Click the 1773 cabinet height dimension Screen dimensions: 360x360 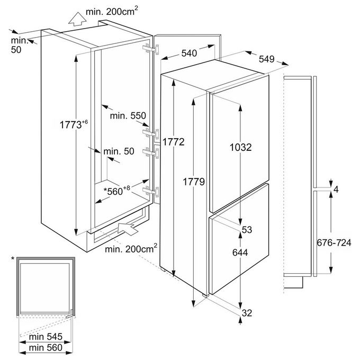[74, 124]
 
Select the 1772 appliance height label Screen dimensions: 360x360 [174, 142]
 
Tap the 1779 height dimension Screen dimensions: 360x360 [194, 182]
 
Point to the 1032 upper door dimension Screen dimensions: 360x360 [240, 147]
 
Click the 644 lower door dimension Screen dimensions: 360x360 [240, 253]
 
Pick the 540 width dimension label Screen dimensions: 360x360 [189, 53]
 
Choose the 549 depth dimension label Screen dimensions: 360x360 [266, 59]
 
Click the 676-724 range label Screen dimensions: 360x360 [334, 242]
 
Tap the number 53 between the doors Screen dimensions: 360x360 [247, 230]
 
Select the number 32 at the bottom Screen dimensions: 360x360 [247, 313]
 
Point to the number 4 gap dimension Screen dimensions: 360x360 [336, 190]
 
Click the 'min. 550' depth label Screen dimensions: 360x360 [128, 116]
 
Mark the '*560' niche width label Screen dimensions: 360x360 [117, 191]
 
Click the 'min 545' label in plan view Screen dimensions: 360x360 [46, 337]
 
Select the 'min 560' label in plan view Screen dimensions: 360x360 [46, 348]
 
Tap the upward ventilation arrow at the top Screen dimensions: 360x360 [77, 19]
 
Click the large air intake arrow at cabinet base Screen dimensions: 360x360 [128, 228]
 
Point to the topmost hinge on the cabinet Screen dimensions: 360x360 [150, 49]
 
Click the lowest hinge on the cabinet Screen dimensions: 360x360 [150, 191]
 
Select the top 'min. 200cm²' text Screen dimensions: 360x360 [112, 11]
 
